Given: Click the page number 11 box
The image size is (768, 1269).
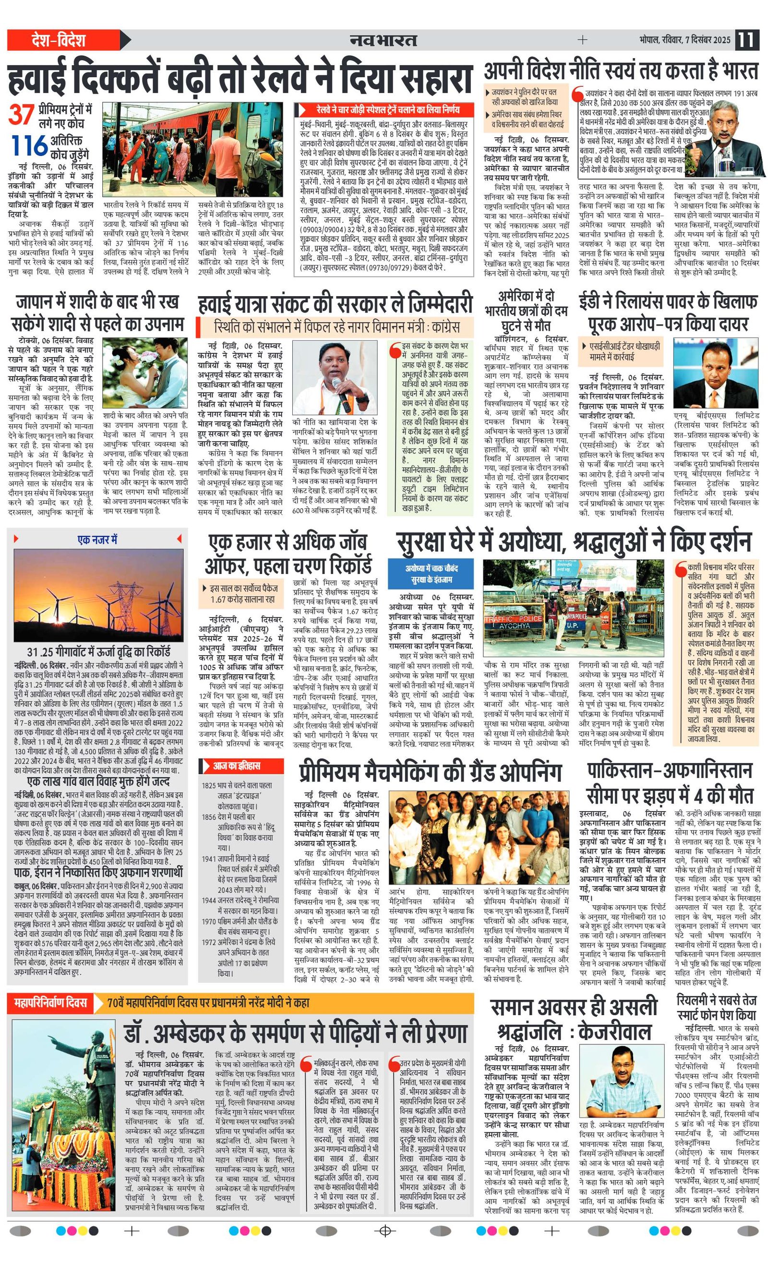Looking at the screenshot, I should pos(746,40).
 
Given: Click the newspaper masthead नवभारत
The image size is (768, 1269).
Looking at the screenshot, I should pos(383,40).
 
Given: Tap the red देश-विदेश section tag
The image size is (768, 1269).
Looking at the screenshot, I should pos(58,40).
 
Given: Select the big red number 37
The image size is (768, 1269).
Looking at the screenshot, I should pos(22,114).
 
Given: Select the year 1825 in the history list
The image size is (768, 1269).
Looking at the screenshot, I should pos(209,785).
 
